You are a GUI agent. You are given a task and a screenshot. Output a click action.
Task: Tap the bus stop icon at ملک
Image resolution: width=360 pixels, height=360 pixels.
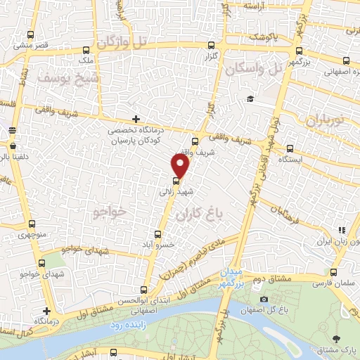[x=86, y=51]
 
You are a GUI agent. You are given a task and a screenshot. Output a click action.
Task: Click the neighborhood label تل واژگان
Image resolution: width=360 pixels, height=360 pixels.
[x=124, y=43]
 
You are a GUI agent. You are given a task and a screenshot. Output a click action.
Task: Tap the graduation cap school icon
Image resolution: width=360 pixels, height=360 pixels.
[x=250, y=98]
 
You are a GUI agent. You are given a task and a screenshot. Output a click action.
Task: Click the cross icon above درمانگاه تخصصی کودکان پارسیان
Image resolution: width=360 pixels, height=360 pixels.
[x=136, y=120]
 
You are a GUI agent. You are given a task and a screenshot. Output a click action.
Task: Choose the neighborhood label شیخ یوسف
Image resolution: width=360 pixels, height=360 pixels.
[x=60, y=78]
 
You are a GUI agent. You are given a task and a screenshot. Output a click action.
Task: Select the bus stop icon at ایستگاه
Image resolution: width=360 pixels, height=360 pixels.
[x=290, y=148]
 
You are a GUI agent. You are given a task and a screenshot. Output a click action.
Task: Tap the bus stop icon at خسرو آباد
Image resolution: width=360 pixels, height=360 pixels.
[x=157, y=236]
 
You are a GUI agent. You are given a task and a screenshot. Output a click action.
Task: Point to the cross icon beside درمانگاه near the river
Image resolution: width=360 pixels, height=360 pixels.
[x=47, y=310]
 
